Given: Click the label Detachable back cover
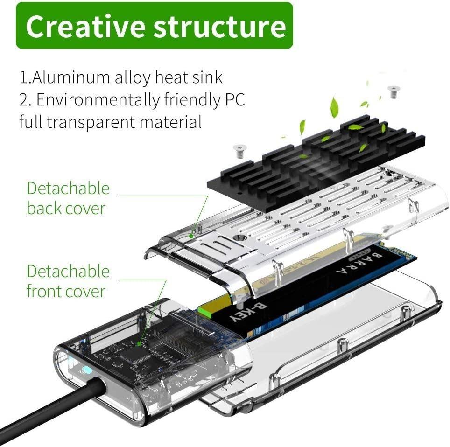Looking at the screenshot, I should (x=68, y=198).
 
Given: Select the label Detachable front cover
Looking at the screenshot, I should (x=68, y=281).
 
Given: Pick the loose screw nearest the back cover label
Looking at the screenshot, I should (x=239, y=150).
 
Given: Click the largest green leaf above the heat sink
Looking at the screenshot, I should (x=334, y=107).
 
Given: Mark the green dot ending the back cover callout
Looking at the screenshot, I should (x=190, y=236).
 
